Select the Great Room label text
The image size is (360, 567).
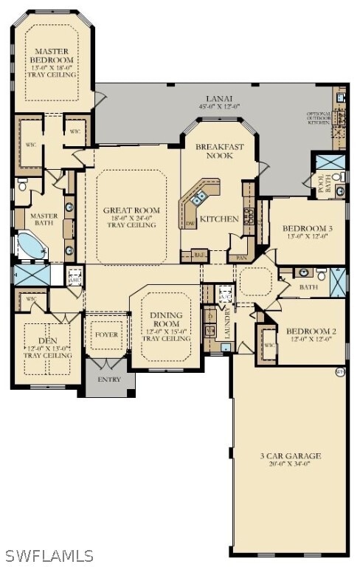tap(131, 210)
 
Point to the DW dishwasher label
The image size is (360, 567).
tap(190, 222)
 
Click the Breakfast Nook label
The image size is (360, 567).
tap(219, 151)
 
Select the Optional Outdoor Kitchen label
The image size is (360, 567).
tap(322, 119)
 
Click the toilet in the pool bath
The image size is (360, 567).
tap(337, 177)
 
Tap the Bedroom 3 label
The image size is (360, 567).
tap(308, 229)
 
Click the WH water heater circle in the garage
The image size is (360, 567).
tap(339, 371)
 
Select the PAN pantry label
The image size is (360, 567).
tap(241, 258)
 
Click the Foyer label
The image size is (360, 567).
tap(106, 334)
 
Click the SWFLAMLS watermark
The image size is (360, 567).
tap(49, 555)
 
